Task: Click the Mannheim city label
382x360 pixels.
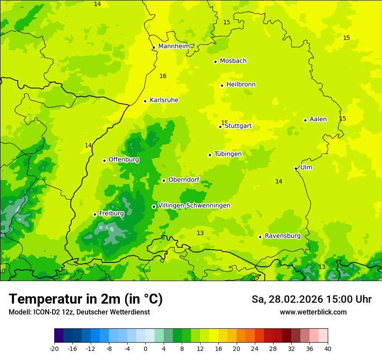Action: pos(174,46)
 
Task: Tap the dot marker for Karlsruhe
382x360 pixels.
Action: pos(145,101)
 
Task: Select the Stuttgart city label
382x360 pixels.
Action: pos(238,126)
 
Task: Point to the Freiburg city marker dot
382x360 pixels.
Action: pos(95,214)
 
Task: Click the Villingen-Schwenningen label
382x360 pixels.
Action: pos(194,205)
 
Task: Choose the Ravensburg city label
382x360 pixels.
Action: pos(283,236)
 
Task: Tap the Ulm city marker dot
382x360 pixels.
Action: pos(296,168)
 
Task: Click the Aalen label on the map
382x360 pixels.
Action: pos(318,119)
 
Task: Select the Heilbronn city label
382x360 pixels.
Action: pos(241,84)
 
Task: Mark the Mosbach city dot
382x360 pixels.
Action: pos(215,62)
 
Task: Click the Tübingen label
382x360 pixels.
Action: pos(228,154)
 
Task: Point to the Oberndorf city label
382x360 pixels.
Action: pos(184,179)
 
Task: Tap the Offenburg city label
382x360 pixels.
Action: pos(124,159)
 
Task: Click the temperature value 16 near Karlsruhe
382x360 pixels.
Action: pos(163,76)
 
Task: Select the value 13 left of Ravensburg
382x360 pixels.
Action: pos(200,233)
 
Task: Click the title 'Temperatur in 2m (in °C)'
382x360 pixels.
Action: pos(86,299)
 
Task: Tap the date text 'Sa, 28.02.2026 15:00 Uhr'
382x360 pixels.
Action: pos(311,299)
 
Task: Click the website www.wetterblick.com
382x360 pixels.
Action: pos(313,312)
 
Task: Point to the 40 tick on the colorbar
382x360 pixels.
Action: pos(327,348)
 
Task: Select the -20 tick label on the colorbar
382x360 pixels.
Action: pos(54,348)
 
